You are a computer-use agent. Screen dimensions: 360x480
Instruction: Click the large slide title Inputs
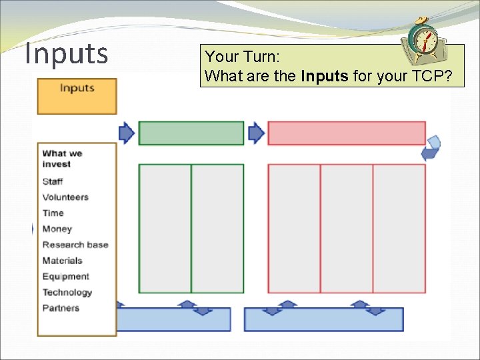click(66, 53)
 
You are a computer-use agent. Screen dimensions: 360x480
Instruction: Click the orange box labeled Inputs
click(77, 96)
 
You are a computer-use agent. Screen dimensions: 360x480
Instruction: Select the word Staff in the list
click(53, 181)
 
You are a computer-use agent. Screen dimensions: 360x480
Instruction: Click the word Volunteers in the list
click(65, 197)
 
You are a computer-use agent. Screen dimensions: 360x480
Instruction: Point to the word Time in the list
click(53, 213)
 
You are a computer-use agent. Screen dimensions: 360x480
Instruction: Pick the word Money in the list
click(57, 229)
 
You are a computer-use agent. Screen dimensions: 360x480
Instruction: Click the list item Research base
click(75, 245)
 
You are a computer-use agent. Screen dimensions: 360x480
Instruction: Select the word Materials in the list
click(63, 261)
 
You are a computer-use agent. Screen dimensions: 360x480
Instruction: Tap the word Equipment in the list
click(65, 277)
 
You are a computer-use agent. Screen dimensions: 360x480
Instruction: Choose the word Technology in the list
click(67, 293)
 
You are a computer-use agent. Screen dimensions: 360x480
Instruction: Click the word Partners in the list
click(61, 308)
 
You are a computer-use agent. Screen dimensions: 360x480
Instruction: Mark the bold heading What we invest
click(62, 159)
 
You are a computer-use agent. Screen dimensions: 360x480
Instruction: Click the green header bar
click(191, 133)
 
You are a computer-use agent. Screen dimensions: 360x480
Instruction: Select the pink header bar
click(346, 133)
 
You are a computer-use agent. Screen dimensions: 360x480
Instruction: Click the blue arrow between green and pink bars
click(256, 133)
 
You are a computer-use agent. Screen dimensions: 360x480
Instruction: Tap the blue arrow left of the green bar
click(127, 133)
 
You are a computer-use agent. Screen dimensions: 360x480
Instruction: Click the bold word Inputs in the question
click(325, 76)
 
